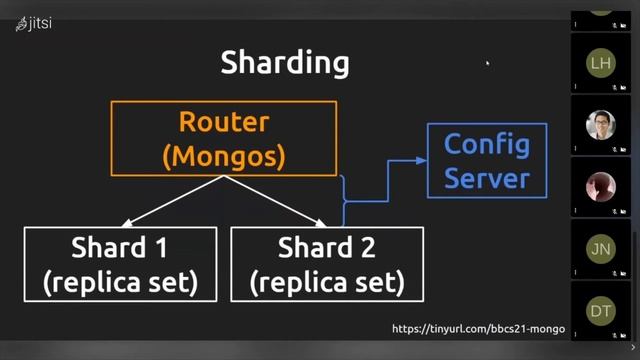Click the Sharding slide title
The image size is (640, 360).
[x=285, y=63]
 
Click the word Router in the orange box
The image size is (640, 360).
[x=224, y=122]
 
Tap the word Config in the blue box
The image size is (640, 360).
[x=487, y=144]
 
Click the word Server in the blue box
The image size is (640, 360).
[x=487, y=179]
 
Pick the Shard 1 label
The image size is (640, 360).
[x=119, y=247]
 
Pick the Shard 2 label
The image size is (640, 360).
[x=327, y=247]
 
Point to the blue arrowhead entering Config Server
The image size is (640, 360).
[x=420, y=160]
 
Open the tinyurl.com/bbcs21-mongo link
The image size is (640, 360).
[x=478, y=329]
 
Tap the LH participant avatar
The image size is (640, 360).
[x=600, y=63]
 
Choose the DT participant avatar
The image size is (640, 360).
[x=600, y=311]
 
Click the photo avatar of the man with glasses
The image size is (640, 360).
[x=600, y=125]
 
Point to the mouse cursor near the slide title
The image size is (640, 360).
[x=487, y=64]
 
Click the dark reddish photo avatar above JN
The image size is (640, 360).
[x=600, y=187]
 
